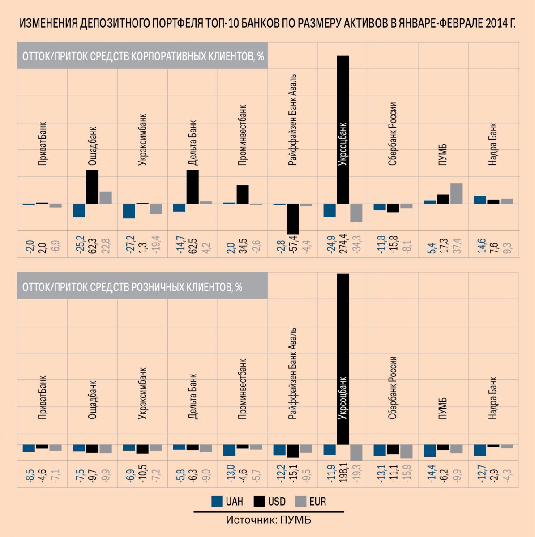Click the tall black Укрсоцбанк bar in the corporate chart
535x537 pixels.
tap(342, 130)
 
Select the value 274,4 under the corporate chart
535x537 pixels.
tap(342, 244)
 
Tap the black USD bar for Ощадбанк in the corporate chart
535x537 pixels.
tap(92, 187)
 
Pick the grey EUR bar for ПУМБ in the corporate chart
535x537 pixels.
tap(456, 194)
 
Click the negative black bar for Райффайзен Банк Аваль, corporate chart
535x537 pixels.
tap(293, 219)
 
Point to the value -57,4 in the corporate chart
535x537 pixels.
tap(293, 244)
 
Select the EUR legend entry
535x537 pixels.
tap(311, 502)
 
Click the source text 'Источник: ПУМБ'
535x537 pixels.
tap(269, 520)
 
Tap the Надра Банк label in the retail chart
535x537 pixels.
tap(493, 398)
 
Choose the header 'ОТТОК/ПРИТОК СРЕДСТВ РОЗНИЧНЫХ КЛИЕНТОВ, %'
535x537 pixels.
tap(133, 287)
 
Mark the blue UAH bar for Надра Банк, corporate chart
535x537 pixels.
tap(480, 200)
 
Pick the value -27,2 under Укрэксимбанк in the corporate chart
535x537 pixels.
tap(130, 244)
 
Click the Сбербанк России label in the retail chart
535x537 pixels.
tap(393, 388)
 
